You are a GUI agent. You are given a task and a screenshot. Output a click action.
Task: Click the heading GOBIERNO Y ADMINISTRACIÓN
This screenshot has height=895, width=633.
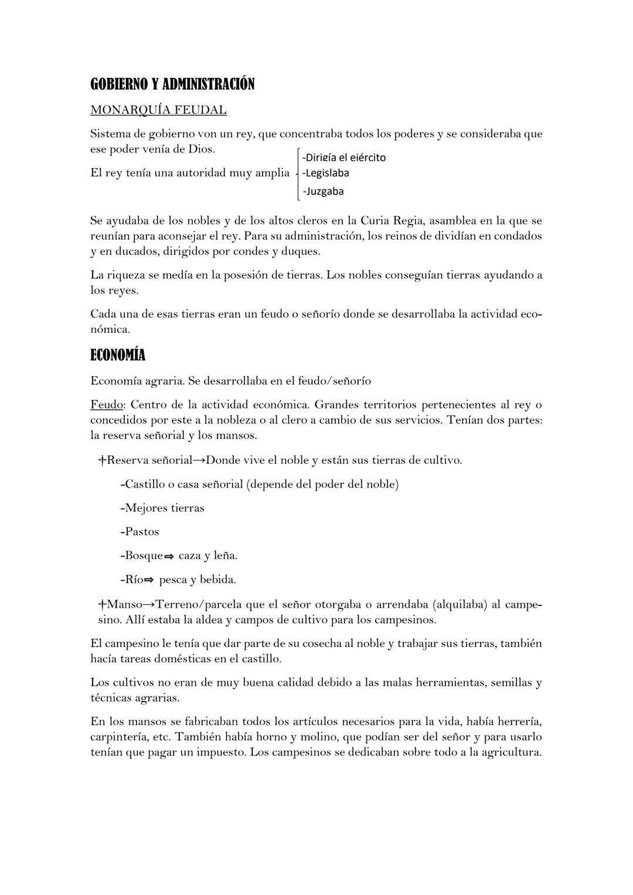tap(172, 84)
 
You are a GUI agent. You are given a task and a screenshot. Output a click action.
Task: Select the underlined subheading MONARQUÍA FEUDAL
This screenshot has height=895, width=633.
tap(158, 110)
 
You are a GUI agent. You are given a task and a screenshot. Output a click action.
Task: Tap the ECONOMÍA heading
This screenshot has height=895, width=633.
tap(118, 355)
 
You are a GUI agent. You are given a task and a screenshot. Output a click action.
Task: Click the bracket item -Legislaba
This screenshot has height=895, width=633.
tap(325, 173)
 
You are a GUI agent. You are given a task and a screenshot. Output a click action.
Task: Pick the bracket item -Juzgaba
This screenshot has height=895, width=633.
tap(323, 191)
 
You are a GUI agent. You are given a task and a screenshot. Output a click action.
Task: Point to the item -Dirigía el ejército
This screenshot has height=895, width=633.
tap(343, 157)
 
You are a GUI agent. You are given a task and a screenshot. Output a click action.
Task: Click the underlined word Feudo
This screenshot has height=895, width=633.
tap(107, 404)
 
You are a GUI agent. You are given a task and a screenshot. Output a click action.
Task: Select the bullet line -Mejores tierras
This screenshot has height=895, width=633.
tap(162, 508)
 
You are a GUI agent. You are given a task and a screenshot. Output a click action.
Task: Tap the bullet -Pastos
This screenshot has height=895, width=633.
tap(139, 532)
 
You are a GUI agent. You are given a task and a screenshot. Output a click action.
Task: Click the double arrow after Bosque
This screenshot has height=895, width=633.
tap(169, 556)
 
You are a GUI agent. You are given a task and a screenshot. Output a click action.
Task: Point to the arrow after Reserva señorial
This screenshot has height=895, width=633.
tap(199, 460)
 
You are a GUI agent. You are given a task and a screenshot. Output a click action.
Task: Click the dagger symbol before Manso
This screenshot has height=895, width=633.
tap(102, 604)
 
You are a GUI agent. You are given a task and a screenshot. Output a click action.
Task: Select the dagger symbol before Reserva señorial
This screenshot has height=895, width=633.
tap(102, 460)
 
